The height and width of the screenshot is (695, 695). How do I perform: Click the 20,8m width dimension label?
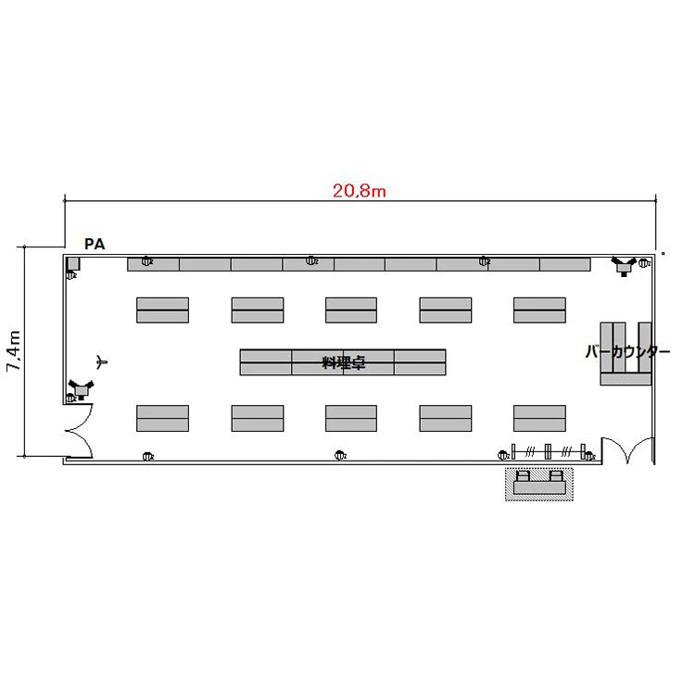coord(359,191)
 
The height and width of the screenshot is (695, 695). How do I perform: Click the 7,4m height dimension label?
coord(14,350)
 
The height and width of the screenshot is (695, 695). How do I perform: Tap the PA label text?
coord(95,244)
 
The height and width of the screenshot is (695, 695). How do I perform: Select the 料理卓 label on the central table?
coord(344,362)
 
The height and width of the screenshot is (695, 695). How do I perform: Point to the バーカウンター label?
coord(627,351)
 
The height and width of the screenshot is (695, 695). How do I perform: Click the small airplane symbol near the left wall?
coord(102,362)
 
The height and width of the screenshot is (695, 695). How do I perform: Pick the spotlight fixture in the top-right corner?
coord(624,266)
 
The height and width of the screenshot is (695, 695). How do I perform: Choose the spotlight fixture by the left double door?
coord(82,389)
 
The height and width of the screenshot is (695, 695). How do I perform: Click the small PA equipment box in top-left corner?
coord(73,264)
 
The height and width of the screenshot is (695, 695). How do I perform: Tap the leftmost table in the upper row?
coord(163,310)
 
